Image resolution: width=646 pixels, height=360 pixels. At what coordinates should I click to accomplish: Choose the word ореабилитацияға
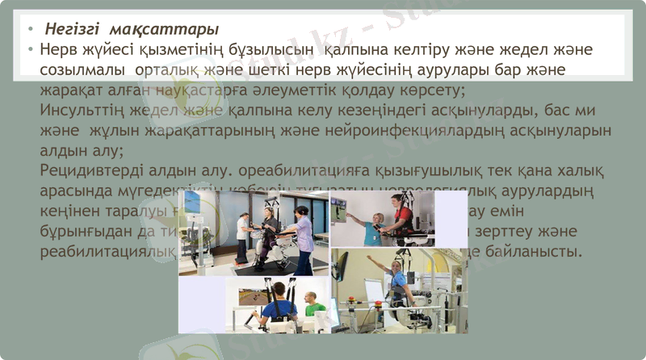292,171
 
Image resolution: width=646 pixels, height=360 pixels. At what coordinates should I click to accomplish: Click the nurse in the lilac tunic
303,238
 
